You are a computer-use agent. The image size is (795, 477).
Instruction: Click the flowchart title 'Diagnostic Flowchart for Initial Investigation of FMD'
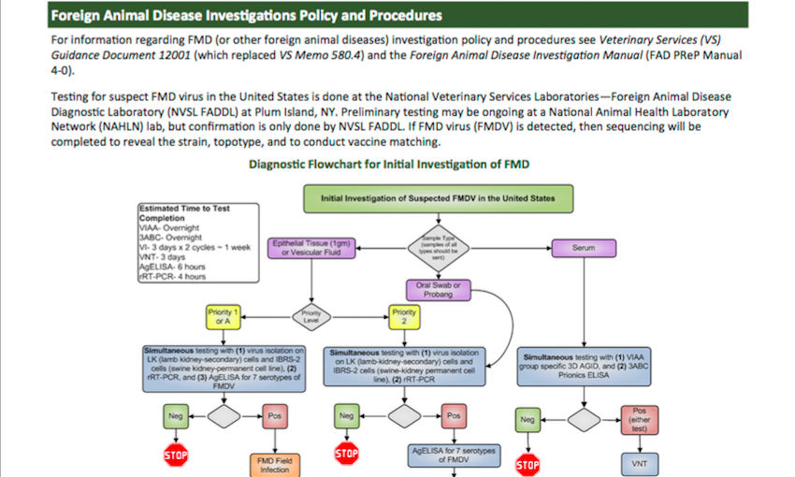click(388, 165)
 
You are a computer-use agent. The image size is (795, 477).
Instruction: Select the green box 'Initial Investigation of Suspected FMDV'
click(437, 199)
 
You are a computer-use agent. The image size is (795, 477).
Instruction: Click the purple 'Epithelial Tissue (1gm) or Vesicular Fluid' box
click(312, 248)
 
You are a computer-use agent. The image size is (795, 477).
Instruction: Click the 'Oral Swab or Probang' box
click(438, 289)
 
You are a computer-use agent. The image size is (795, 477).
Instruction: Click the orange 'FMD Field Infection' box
click(273, 464)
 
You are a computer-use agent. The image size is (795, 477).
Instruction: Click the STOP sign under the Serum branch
click(528, 464)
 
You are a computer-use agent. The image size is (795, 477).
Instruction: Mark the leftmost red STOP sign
click(177, 455)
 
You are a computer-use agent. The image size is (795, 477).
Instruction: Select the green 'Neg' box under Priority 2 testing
click(346, 415)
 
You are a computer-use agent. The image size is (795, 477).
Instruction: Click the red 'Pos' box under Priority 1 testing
click(274, 413)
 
